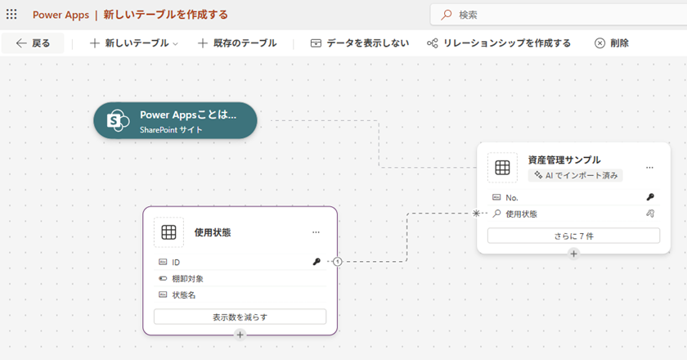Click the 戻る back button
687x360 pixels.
33,43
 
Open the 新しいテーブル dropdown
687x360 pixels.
133,43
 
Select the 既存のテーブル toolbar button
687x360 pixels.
237,43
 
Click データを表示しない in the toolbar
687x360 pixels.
359,43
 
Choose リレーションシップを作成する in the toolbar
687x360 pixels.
499,43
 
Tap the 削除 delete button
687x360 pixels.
611,43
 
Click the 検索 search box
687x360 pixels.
559,15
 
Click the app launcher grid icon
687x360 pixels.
11,15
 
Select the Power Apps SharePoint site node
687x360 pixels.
175,120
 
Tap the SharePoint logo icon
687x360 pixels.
118,120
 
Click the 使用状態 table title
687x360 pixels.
213,232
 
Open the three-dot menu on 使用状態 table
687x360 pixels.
316,232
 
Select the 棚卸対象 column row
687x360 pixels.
240,278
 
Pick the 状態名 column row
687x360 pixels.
240,295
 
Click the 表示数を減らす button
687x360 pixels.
240,317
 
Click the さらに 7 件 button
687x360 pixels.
573,236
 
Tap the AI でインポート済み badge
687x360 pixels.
576,175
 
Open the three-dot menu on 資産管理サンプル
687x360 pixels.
649,168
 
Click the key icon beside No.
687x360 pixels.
650,197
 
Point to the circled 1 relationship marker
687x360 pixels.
337,262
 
